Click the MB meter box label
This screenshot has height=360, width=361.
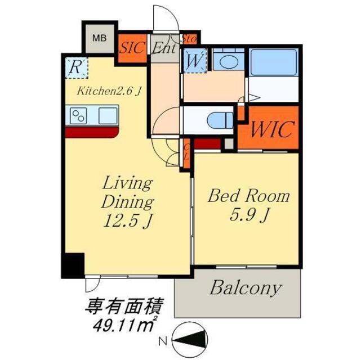(99, 39)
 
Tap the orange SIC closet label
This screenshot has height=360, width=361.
(133, 48)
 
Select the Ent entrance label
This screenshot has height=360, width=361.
(164, 48)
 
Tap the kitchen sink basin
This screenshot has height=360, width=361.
(108, 116)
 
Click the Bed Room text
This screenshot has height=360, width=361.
(248, 196)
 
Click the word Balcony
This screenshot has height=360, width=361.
(245, 289)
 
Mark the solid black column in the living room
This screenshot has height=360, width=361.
(72, 265)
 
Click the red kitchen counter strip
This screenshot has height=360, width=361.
(92, 132)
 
